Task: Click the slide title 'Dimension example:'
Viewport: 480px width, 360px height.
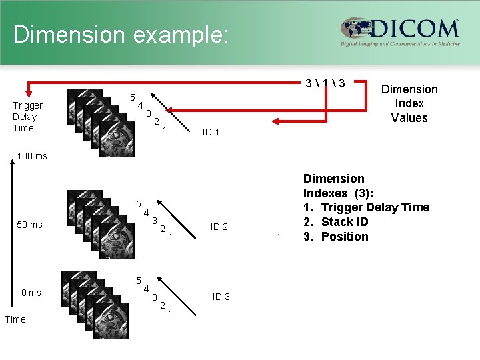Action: coord(121,35)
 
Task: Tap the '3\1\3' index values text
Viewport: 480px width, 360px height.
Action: coord(325,83)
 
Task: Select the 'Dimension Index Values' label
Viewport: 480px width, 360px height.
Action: coord(409,103)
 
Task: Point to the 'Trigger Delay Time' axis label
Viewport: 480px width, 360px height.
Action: coord(28,117)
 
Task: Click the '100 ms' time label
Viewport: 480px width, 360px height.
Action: coord(32,156)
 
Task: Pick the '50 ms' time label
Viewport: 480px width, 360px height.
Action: coord(29,225)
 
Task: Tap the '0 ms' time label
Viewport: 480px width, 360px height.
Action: coord(31,293)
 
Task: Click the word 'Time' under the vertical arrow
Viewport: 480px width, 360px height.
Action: coord(15,319)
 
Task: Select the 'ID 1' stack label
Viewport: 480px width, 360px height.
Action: coord(211,132)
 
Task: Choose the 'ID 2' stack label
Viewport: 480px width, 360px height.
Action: coord(219,227)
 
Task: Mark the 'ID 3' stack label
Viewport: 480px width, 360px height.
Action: coord(221,297)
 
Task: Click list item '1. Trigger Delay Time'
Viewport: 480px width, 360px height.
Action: coord(366,207)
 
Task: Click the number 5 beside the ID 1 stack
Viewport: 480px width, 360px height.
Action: coord(133,97)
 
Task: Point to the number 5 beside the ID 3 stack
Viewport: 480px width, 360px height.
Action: coord(138,281)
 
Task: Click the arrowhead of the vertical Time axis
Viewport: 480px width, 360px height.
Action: coord(13,167)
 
